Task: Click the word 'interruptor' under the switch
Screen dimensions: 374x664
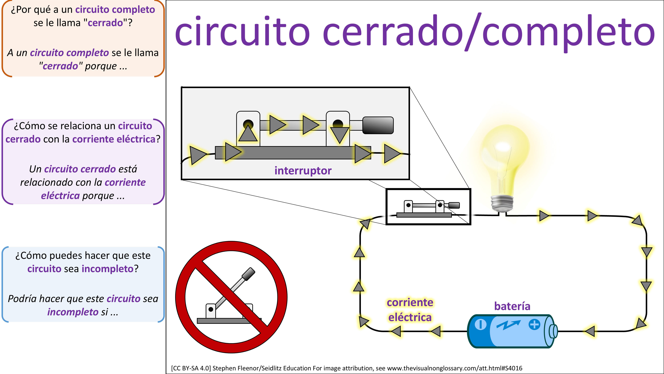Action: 303,171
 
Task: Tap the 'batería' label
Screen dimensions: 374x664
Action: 512,306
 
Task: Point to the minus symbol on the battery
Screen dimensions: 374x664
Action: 480,324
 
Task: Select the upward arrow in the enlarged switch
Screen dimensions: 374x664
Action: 248,133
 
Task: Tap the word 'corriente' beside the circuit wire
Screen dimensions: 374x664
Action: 410,303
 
